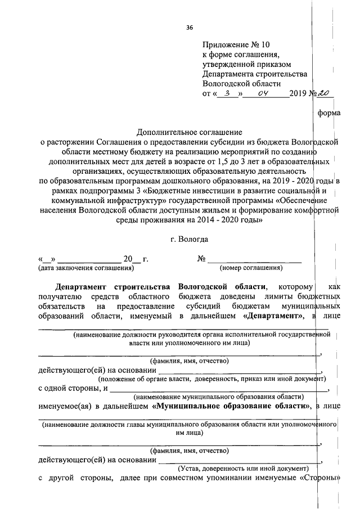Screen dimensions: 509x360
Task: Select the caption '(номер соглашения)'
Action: click(251, 268)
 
